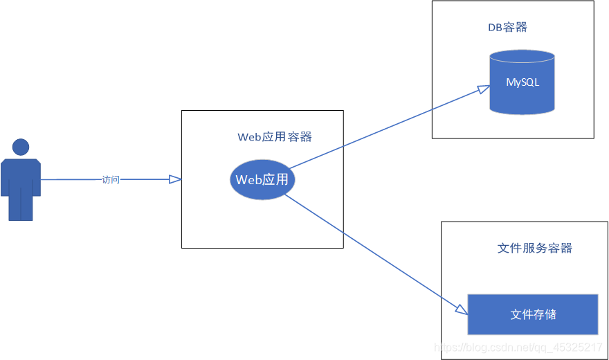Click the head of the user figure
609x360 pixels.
21,147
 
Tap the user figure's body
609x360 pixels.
21,177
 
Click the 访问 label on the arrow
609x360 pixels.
111,180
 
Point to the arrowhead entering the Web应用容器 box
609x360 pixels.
176,180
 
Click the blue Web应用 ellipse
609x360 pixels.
262,180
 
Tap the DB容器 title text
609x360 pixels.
507,28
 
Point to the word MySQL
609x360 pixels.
522,82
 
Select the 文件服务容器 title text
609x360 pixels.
534,249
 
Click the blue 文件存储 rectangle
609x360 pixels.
532,314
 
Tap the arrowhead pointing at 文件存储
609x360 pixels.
462,309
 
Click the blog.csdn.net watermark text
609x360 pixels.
516,348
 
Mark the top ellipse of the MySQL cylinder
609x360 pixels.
522,57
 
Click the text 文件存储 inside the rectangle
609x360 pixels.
533,314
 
